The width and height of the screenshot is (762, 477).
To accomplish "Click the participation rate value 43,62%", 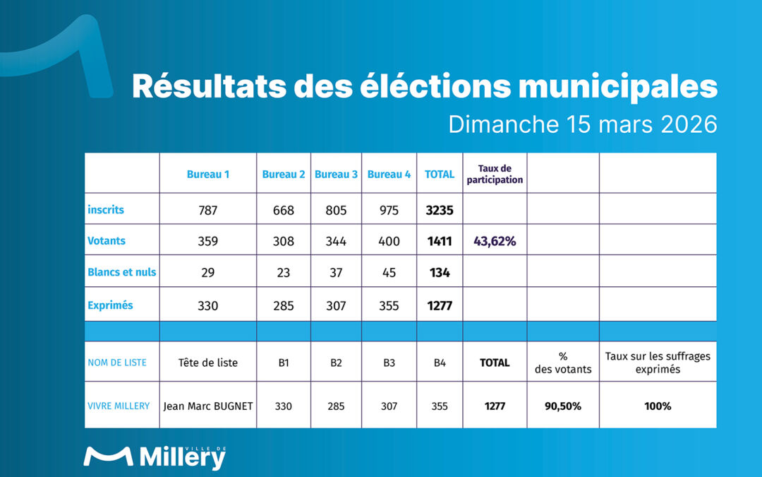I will coord(495,241).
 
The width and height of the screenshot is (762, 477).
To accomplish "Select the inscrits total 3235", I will coord(440,211).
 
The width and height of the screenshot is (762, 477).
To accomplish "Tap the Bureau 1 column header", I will coord(207,174).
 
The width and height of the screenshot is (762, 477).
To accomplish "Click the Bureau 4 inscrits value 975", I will coord(389,211).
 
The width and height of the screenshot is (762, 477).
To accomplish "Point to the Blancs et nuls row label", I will coord(121,272).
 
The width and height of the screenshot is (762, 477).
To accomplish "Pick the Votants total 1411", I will coord(440,241).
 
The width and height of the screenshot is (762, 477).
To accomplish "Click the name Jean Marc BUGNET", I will coord(207,406).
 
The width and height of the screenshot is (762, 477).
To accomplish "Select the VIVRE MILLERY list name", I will coord(119,406).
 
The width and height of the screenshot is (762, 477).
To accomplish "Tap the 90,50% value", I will coord(562,406).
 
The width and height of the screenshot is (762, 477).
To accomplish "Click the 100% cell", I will coord(657,406).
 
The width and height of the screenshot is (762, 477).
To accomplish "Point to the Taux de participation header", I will coord(495,174).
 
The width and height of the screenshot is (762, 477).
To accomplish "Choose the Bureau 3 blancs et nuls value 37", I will coord(336,272).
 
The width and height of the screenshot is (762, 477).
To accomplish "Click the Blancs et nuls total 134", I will coord(440,272).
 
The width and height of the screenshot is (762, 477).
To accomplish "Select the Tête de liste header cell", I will coord(207,363).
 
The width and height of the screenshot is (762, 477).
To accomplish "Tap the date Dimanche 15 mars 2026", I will coord(583,124).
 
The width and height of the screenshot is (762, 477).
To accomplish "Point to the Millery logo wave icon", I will coord(108,457).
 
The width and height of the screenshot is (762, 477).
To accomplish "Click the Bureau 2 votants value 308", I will coord(284,241).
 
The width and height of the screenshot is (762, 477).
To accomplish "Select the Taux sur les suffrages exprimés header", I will coord(657,363).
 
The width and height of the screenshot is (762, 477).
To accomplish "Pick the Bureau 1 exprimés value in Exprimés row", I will coord(207,306).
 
